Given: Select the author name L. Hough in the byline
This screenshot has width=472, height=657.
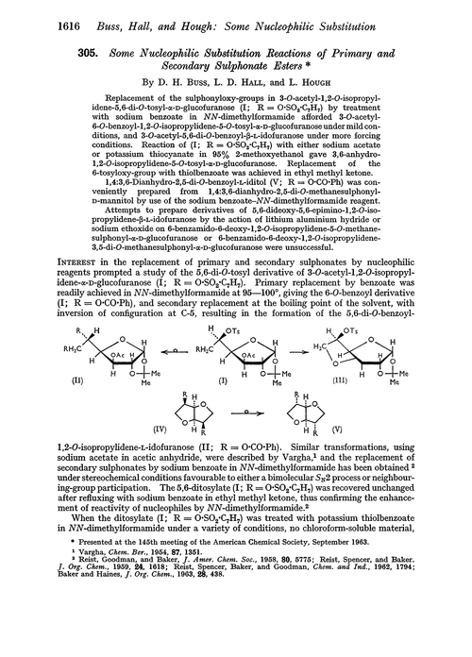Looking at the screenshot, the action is [x=317, y=83].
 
